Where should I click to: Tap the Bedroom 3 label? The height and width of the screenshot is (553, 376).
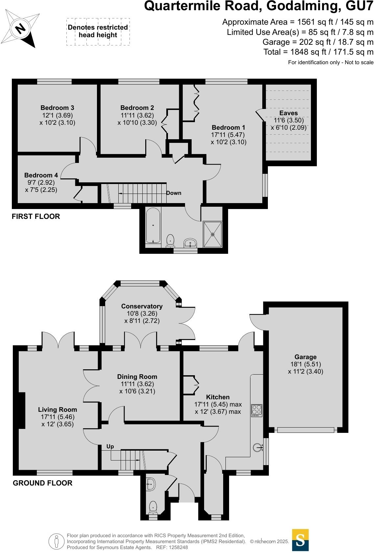(57, 108)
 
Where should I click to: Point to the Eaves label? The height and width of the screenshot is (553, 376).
(288, 113)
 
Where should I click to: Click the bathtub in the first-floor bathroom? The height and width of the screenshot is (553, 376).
(153, 225)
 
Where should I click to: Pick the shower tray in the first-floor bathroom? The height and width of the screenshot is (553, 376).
(213, 234)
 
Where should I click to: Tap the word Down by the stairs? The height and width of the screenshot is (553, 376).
(174, 193)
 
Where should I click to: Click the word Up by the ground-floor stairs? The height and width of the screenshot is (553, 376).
(110, 446)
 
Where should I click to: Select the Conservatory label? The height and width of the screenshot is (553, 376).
(142, 306)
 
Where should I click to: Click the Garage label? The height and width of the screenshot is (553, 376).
(305, 357)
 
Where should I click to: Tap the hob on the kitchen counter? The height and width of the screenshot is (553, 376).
(257, 410)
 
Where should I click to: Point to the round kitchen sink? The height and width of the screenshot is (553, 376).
(258, 447)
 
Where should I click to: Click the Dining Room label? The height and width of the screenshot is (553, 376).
(137, 377)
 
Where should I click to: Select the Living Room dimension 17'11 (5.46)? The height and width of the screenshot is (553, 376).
(58, 417)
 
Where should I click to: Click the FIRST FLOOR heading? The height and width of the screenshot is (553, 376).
(36, 216)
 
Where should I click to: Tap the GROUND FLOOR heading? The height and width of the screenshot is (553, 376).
(42, 483)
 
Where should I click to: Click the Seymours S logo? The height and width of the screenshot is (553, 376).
(300, 540)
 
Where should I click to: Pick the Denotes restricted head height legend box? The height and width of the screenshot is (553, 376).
(98, 32)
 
